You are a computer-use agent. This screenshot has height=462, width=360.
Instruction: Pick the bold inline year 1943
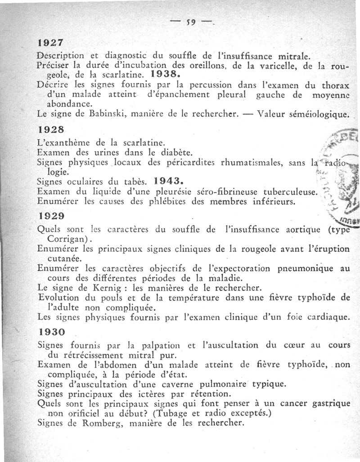167,182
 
